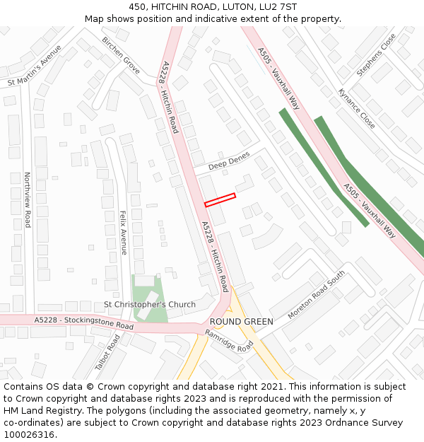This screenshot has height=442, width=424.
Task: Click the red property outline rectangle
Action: pos(220,200)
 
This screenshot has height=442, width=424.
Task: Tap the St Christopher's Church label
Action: pos(150,305)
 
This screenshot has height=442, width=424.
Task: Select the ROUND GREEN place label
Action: pos(241,321)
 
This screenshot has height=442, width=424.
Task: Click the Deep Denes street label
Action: pos(229,162)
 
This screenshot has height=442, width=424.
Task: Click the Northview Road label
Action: pos(28,199)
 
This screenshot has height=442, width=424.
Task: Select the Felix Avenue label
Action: pos(123,233)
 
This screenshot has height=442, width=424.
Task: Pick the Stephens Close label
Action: pos(377,54)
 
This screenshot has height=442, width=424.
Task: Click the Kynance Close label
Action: pos(357,108)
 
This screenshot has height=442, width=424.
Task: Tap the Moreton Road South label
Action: pos(317,293)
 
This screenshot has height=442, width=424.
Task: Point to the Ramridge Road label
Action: pos(229,341)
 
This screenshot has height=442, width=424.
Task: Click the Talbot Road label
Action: pos(107,352)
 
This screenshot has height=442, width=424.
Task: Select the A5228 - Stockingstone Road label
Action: pos(83,323)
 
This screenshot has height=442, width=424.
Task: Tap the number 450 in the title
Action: pos(137,7)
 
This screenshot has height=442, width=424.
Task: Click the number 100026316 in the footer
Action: pos(30,434)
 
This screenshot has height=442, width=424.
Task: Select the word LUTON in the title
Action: pos(239,7)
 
